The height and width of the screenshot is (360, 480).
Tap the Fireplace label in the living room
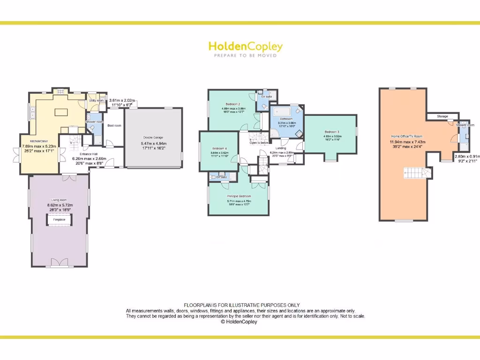(x=59, y=219)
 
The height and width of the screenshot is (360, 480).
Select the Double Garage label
(x=153, y=137)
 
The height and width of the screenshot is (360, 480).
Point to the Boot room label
(x=114, y=126)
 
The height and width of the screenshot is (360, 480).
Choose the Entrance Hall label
(x=88, y=154)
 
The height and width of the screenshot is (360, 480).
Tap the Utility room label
(x=96, y=100)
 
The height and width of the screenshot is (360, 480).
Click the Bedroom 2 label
(x=233, y=104)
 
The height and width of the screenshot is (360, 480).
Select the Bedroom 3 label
(x=331, y=132)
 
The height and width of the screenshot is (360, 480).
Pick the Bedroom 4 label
(x=218, y=148)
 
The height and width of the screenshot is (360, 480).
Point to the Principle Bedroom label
(x=239, y=196)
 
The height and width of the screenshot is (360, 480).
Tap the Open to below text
(x=259, y=142)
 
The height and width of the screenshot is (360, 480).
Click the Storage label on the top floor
(x=442, y=116)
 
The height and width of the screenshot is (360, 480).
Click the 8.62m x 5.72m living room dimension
(x=60, y=205)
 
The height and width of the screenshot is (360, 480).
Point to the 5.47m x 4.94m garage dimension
(x=153, y=143)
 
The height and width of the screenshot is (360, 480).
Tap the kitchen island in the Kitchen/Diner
(x=62, y=112)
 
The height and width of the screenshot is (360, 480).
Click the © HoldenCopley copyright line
(x=239, y=322)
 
